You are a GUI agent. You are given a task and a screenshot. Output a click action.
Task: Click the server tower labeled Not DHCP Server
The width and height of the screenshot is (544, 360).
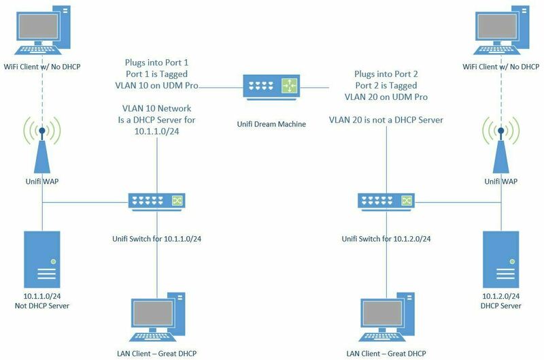point(42,258)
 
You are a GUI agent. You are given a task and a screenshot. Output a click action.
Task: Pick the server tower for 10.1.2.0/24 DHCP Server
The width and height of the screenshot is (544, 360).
point(501,258)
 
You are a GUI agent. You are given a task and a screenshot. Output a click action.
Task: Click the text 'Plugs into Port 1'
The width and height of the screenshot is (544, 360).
point(157,62)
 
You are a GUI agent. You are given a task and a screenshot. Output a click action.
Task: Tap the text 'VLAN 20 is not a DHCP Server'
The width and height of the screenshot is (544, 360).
point(386,120)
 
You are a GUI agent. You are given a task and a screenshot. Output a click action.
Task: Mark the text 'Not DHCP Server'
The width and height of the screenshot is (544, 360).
point(42,306)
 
